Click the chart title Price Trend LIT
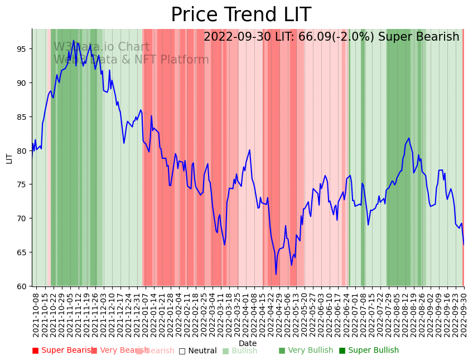[x=241, y=15]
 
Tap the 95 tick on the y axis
[x=22, y=49]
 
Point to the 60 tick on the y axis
[x=22, y=286]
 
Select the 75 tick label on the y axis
[x=22, y=184]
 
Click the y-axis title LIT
[x=9, y=158]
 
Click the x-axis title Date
[x=248, y=344]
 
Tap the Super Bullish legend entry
[x=369, y=351]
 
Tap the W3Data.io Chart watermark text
[x=102, y=47]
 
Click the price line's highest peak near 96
[x=74, y=40]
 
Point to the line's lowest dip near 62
[x=276, y=274]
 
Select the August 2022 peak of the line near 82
[x=409, y=138]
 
